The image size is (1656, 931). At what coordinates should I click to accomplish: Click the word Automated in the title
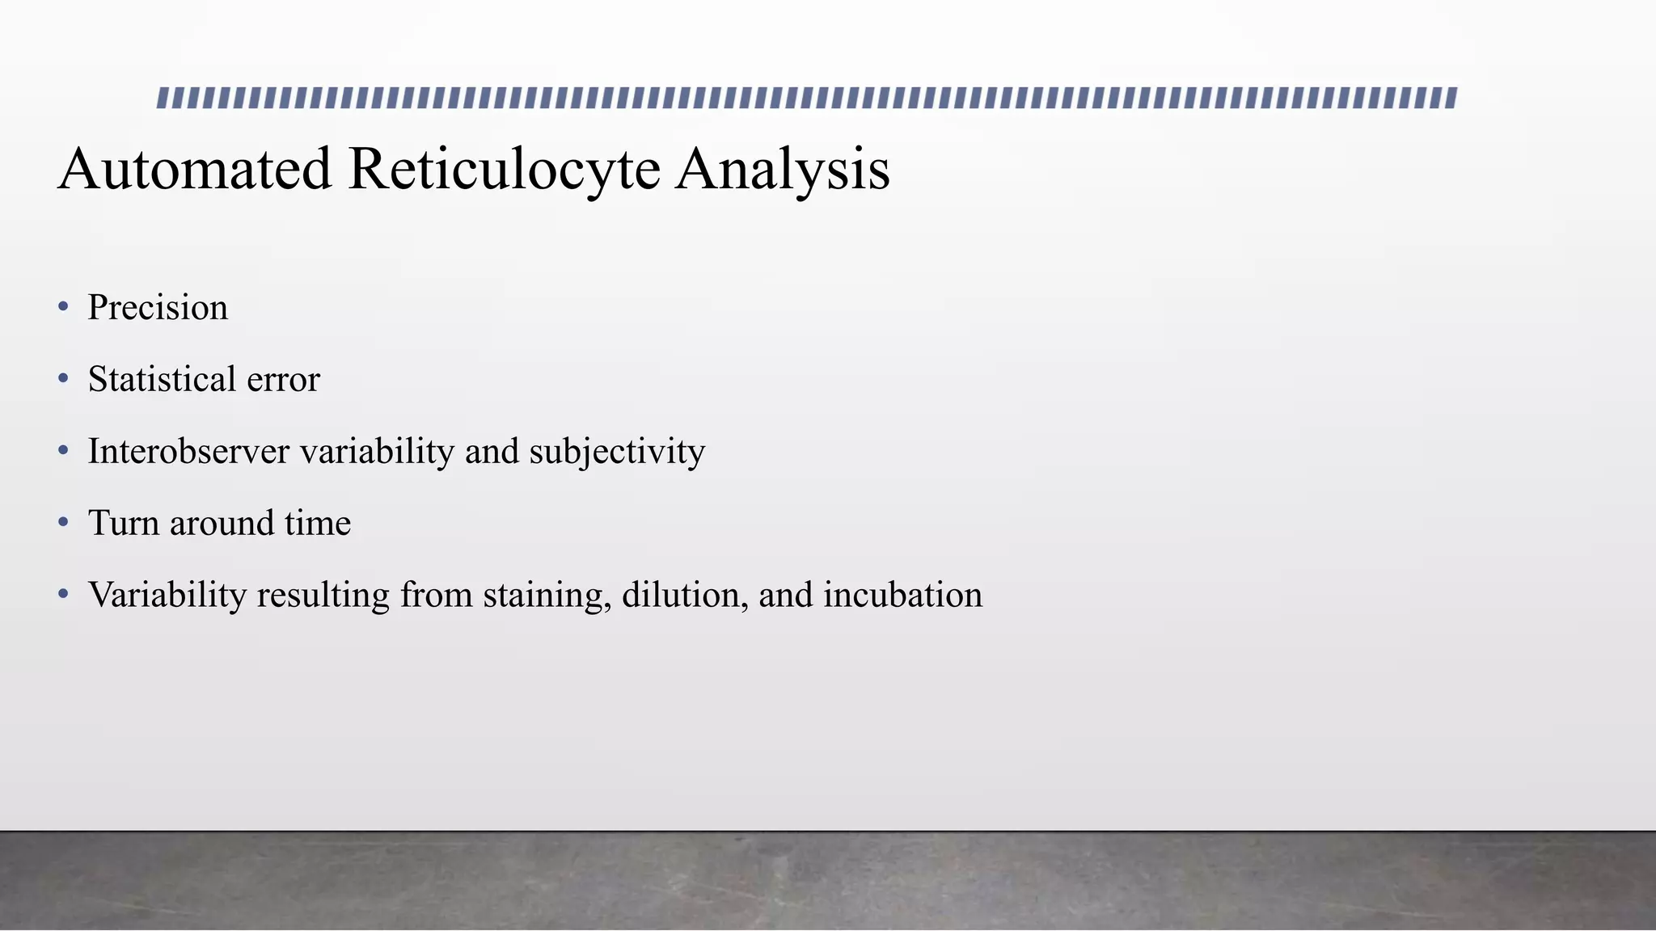pyautogui.click(x=195, y=169)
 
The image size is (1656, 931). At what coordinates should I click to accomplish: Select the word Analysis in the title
pyautogui.click(x=783, y=169)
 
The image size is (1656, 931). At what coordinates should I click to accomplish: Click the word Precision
pyautogui.click(x=158, y=308)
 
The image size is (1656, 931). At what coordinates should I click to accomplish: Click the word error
pyautogui.click(x=284, y=380)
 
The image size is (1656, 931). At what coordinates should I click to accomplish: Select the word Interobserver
pyautogui.click(x=188, y=452)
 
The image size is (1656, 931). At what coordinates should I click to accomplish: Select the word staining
pyautogui.click(x=547, y=596)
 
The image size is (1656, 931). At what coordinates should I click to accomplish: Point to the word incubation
pyautogui.click(x=902, y=596)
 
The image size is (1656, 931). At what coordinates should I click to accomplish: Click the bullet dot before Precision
pyautogui.click(x=64, y=307)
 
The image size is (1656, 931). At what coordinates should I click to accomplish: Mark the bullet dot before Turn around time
pyautogui.click(x=64, y=523)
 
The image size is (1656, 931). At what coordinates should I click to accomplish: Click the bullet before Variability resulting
pyautogui.click(x=64, y=595)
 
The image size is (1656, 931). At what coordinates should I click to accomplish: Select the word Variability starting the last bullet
pyautogui.click(x=167, y=596)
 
